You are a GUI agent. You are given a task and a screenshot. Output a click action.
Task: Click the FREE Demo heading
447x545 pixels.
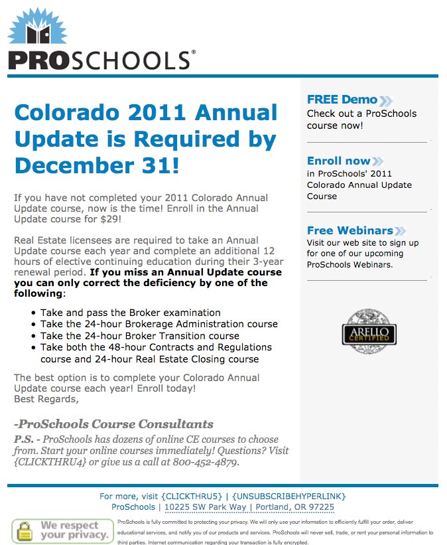[x=342, y=100]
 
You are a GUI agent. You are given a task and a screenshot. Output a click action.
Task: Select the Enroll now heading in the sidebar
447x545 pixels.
[x=338, y=161]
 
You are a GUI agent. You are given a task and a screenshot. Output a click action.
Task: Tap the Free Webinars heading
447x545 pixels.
[x=350, y=230]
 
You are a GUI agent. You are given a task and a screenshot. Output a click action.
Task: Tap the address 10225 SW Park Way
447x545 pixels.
[x=205, y=507]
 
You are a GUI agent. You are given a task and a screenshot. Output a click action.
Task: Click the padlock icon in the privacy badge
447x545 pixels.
[x=25, y=530]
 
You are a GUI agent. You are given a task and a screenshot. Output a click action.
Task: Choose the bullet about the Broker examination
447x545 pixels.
[x=130, y=313]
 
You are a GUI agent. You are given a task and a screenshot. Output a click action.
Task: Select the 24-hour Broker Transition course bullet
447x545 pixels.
[x=139, y=336]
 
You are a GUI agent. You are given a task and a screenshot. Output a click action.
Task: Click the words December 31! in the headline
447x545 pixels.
[x=97, y=164]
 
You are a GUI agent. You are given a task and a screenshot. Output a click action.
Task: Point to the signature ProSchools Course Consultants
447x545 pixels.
[x=113, y=424]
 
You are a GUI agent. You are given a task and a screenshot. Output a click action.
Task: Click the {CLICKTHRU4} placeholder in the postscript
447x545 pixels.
[x=50, y=462]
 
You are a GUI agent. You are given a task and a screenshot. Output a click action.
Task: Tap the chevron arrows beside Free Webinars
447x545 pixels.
[x=401, y=231]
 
